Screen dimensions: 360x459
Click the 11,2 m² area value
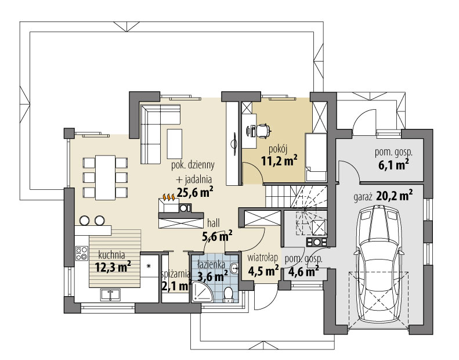coord(279,160)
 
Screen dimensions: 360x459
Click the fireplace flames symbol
coord(170,197)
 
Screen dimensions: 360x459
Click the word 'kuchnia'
coord(111,254)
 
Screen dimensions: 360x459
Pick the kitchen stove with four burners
coord(81,255)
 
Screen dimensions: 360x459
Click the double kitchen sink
coord(110,294)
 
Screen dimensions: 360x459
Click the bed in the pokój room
coord(317,152)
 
